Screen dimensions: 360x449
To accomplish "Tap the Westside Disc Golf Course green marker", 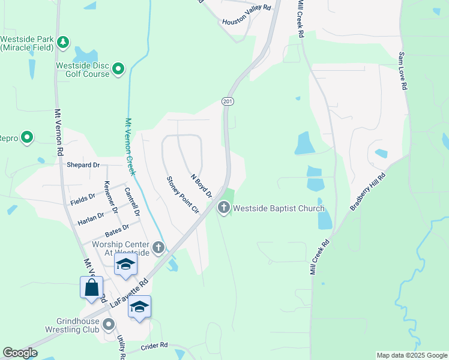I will [119, 70].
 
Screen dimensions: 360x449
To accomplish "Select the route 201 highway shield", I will [228, 101].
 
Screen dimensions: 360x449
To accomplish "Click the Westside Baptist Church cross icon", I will [224, 208].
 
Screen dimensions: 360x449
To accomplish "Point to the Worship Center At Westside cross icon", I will [158, 247].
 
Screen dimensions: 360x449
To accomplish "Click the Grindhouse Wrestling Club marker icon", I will [109, 325].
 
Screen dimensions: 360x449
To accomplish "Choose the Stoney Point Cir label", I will [182, 194].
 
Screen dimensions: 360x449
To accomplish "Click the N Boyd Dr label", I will [201, 185].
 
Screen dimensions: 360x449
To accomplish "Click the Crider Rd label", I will [154, 347].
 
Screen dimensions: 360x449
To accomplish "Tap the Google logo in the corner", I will [20, 353].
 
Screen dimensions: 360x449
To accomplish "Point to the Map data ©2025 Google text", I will [411, 355].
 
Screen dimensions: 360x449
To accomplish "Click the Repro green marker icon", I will [26, 138].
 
